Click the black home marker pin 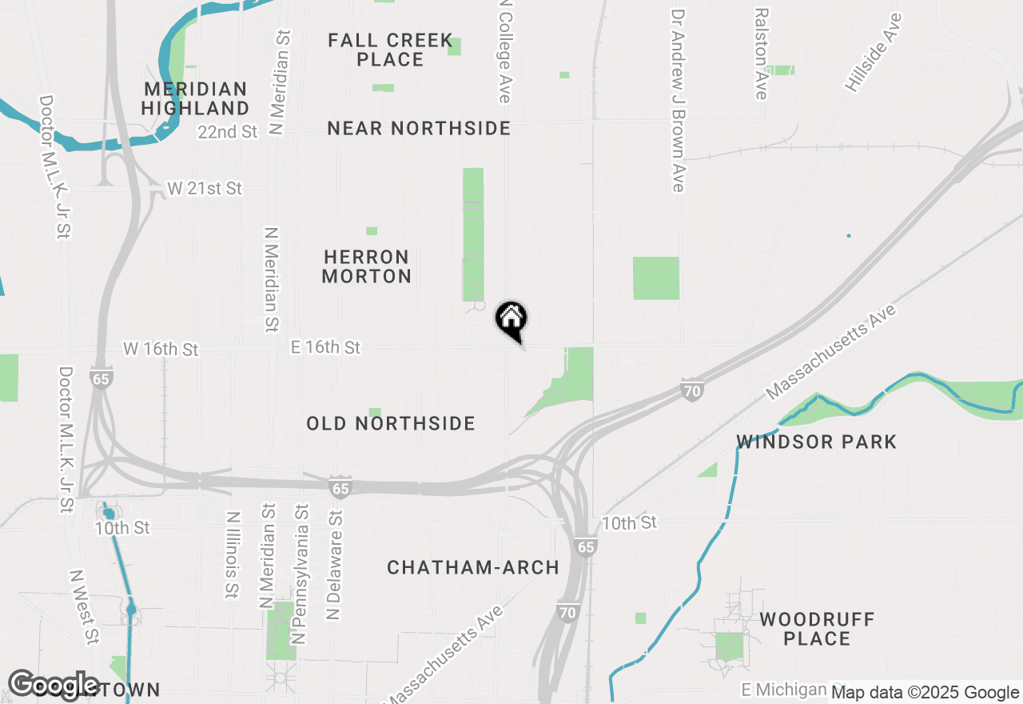[x=511, y=319]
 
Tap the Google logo [x=54, y=686]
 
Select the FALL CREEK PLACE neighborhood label [x=390, y=50]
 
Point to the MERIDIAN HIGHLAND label [x=197, y=98]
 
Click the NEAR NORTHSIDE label [x=419, y=128]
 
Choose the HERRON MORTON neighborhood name [x=367, y=266]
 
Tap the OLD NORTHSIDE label [x=391, y=423]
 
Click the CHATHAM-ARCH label [x=473, y=567]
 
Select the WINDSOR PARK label [x=817, y=442]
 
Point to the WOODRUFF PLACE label [x=817, y=629]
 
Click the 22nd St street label [x=229, y=132]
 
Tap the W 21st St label [x=205, y=189]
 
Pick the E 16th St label [x=325, y=347]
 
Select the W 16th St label [x=161, y=350]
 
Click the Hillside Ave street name [x=874, y=52]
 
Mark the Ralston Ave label [x=761, y=54]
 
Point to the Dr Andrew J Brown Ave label [x=679, y=101]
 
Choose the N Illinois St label [x=232, y=555]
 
